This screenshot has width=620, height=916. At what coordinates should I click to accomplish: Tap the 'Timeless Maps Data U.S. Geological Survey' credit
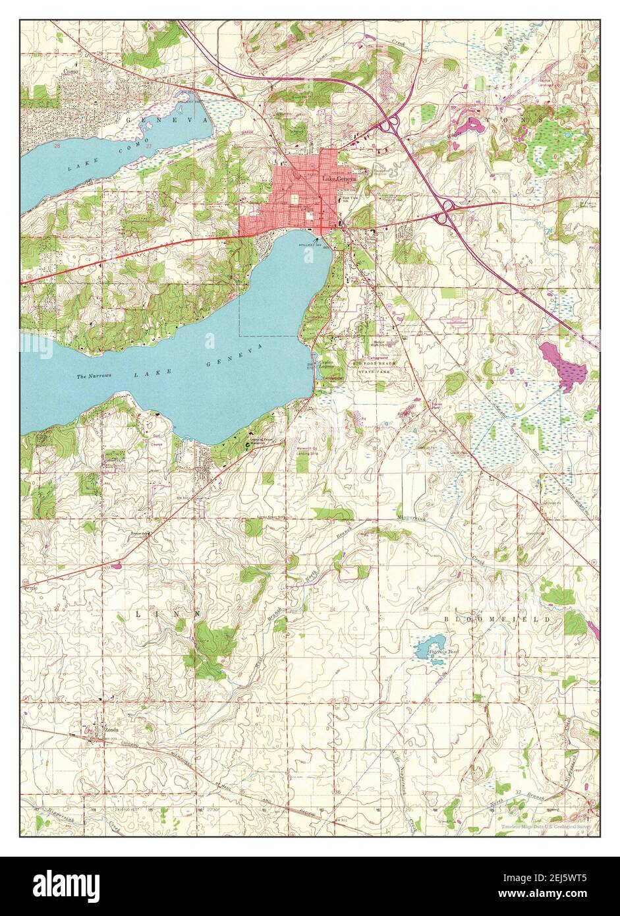[545, 826]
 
